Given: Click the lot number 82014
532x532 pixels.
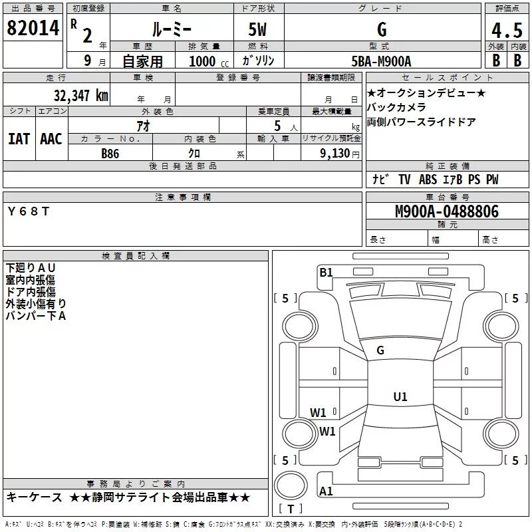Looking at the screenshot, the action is click(x=34, y=29).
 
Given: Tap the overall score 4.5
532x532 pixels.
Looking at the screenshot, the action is click(x=506, y=31).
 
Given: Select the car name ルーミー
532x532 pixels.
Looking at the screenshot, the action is click(x=172, y=29).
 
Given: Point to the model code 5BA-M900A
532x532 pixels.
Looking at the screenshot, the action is click(x=381, y=61).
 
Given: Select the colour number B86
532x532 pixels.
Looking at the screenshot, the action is click(x=110, y=153).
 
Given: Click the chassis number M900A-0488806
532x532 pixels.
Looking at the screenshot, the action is click(x=446, y=211).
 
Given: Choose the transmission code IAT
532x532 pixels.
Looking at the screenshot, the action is click(x=19, y=139).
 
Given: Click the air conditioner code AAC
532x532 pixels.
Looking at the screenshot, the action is click(x=51, y=139).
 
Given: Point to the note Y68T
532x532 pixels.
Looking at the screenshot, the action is click(x=28, y=211).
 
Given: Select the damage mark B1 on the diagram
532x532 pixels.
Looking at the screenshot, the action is click(x=326, y=272).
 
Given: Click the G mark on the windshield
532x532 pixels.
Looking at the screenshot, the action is click(x=380, y=350).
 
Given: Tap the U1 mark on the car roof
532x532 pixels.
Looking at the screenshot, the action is click(x=400, y=397).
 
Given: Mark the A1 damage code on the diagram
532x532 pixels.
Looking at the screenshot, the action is click(x=326, y=491).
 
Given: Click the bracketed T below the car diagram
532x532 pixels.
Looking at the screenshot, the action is click(x=290, y=509).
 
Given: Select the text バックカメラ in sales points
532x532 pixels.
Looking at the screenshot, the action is click(x=396, y=107).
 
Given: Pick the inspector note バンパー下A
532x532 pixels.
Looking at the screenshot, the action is click(x=37, y=316).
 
